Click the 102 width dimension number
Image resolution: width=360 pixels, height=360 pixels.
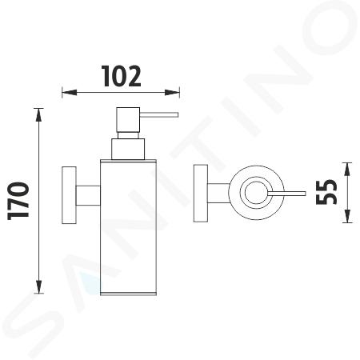click(x=121, y=76)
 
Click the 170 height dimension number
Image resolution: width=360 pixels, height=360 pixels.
click(x=18, y=201)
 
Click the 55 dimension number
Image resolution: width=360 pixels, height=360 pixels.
click(x=326, y=192)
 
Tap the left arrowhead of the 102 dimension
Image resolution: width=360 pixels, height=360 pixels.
click(x=70, y=93)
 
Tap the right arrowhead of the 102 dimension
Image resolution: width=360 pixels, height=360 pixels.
click(x=172, y=93)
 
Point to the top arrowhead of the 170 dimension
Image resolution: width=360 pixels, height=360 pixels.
click(x=39, y=115)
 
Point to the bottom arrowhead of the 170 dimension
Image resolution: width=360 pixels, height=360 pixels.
click(x=39, y=286)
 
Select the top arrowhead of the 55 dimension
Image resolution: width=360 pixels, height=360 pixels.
click(x=347, y=169)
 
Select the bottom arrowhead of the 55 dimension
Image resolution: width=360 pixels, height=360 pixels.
click(x=347, y=216)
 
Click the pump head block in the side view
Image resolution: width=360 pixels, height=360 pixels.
click(x=128, y=119)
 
